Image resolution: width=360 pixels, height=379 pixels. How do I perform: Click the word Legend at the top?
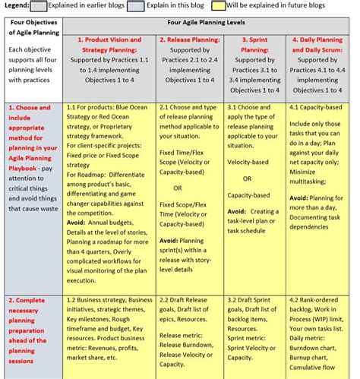(16, 6)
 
